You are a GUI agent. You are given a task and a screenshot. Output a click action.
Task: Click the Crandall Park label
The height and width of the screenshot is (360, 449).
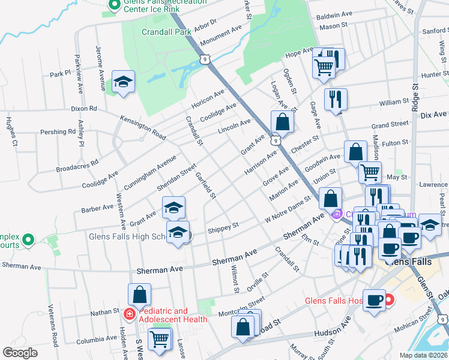[166, 32]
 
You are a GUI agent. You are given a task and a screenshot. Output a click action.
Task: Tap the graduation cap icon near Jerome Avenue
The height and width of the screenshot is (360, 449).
[123, 82]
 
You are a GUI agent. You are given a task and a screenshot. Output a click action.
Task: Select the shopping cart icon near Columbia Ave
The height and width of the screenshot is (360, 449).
[160, 339]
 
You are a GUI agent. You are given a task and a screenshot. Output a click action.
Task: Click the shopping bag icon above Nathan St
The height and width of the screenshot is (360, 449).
[140, 295]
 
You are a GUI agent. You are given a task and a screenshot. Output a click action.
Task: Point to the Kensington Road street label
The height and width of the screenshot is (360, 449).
[143, 127]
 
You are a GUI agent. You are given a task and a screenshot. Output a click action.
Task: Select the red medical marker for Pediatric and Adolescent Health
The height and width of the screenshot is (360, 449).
[129, 314]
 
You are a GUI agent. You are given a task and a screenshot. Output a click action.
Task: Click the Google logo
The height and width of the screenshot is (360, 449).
[20, 353]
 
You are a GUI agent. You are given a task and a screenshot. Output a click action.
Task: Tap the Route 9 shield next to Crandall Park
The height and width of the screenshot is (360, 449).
[205, 59]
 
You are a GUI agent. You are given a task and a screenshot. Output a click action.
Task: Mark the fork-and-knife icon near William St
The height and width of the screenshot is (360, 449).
[336, 98]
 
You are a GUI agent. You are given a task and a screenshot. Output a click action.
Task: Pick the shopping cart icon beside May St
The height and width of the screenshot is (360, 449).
[370, 172]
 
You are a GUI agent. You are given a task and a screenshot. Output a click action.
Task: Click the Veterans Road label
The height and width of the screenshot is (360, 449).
[54, 334]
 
